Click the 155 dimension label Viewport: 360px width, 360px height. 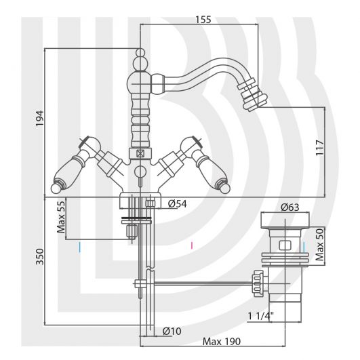[x=203, y=20]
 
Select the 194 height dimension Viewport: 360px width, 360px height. [x=39, y=118]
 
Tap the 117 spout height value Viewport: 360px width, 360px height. [x=319, y=148]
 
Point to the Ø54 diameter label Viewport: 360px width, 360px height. [x=177, y=203]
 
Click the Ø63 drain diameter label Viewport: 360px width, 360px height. [x=290, y=207]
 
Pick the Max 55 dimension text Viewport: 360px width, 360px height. [x=61, y=217]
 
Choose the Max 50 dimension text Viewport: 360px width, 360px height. [x=319, y=245]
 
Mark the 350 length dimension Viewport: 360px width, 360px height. [x=39, y=256]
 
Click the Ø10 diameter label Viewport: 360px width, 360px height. [x=172, y=331]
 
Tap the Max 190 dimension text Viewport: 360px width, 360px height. [x=222, y=342]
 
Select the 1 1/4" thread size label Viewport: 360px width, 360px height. [x=261, y=316]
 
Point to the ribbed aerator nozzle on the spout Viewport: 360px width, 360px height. [x=252, y=95]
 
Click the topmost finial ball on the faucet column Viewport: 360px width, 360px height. [x=140, y=53]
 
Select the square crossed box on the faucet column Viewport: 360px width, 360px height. [x=140, y=153]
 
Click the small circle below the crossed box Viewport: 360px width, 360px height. [x=140, y=172]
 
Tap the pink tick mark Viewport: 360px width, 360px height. [x=192, y=245]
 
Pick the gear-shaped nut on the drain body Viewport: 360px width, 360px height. [x=258, y=283]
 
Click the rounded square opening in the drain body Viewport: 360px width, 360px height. [x=285, y=245]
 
